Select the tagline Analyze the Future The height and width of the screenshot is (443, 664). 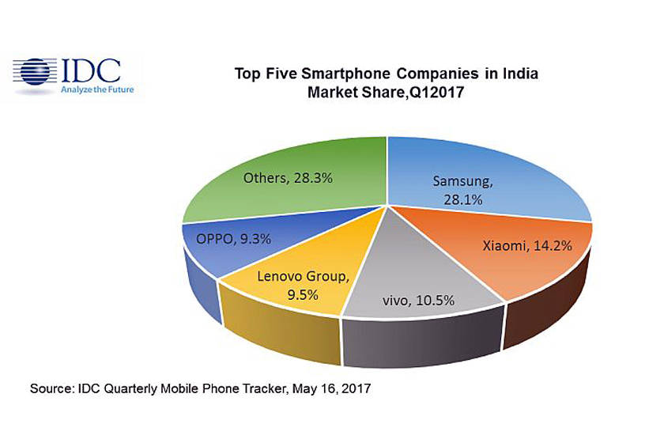click(x=97, y=89)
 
